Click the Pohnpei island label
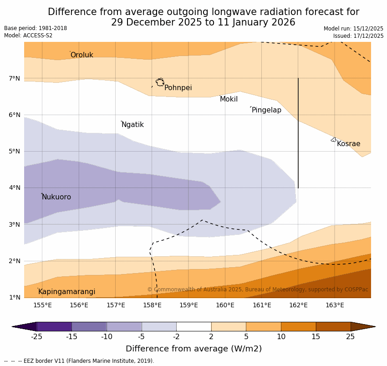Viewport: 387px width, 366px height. [x=178, y=88]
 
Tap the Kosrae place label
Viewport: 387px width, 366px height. [x=348, y=144]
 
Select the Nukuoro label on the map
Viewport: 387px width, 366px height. [x=56, y=197]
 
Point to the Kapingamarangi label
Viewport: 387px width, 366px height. [x=66, y=292]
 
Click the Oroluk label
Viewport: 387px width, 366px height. [x=81, y=55]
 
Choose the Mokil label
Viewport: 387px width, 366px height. [x=229, y=99]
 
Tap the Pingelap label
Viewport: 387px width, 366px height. [x=266, y=110]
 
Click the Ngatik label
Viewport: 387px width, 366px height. [x=132, y=125]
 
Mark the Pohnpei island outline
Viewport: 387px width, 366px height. [x=160, y=82]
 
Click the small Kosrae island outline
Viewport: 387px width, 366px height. [x=334, y=140]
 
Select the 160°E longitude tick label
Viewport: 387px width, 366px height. [x=225, y=305]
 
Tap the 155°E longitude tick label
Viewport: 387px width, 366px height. [x=42, y=305]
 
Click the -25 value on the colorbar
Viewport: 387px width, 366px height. [x=36, y=337]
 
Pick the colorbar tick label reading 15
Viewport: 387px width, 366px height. [x=316, y=337]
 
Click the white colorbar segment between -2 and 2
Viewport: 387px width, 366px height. [x=193, y=326]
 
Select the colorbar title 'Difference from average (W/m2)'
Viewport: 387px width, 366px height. [x=193, y=349]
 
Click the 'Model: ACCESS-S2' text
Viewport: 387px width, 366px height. [x=28, y=36]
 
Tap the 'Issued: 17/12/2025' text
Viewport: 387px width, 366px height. [x=358, y=36]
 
